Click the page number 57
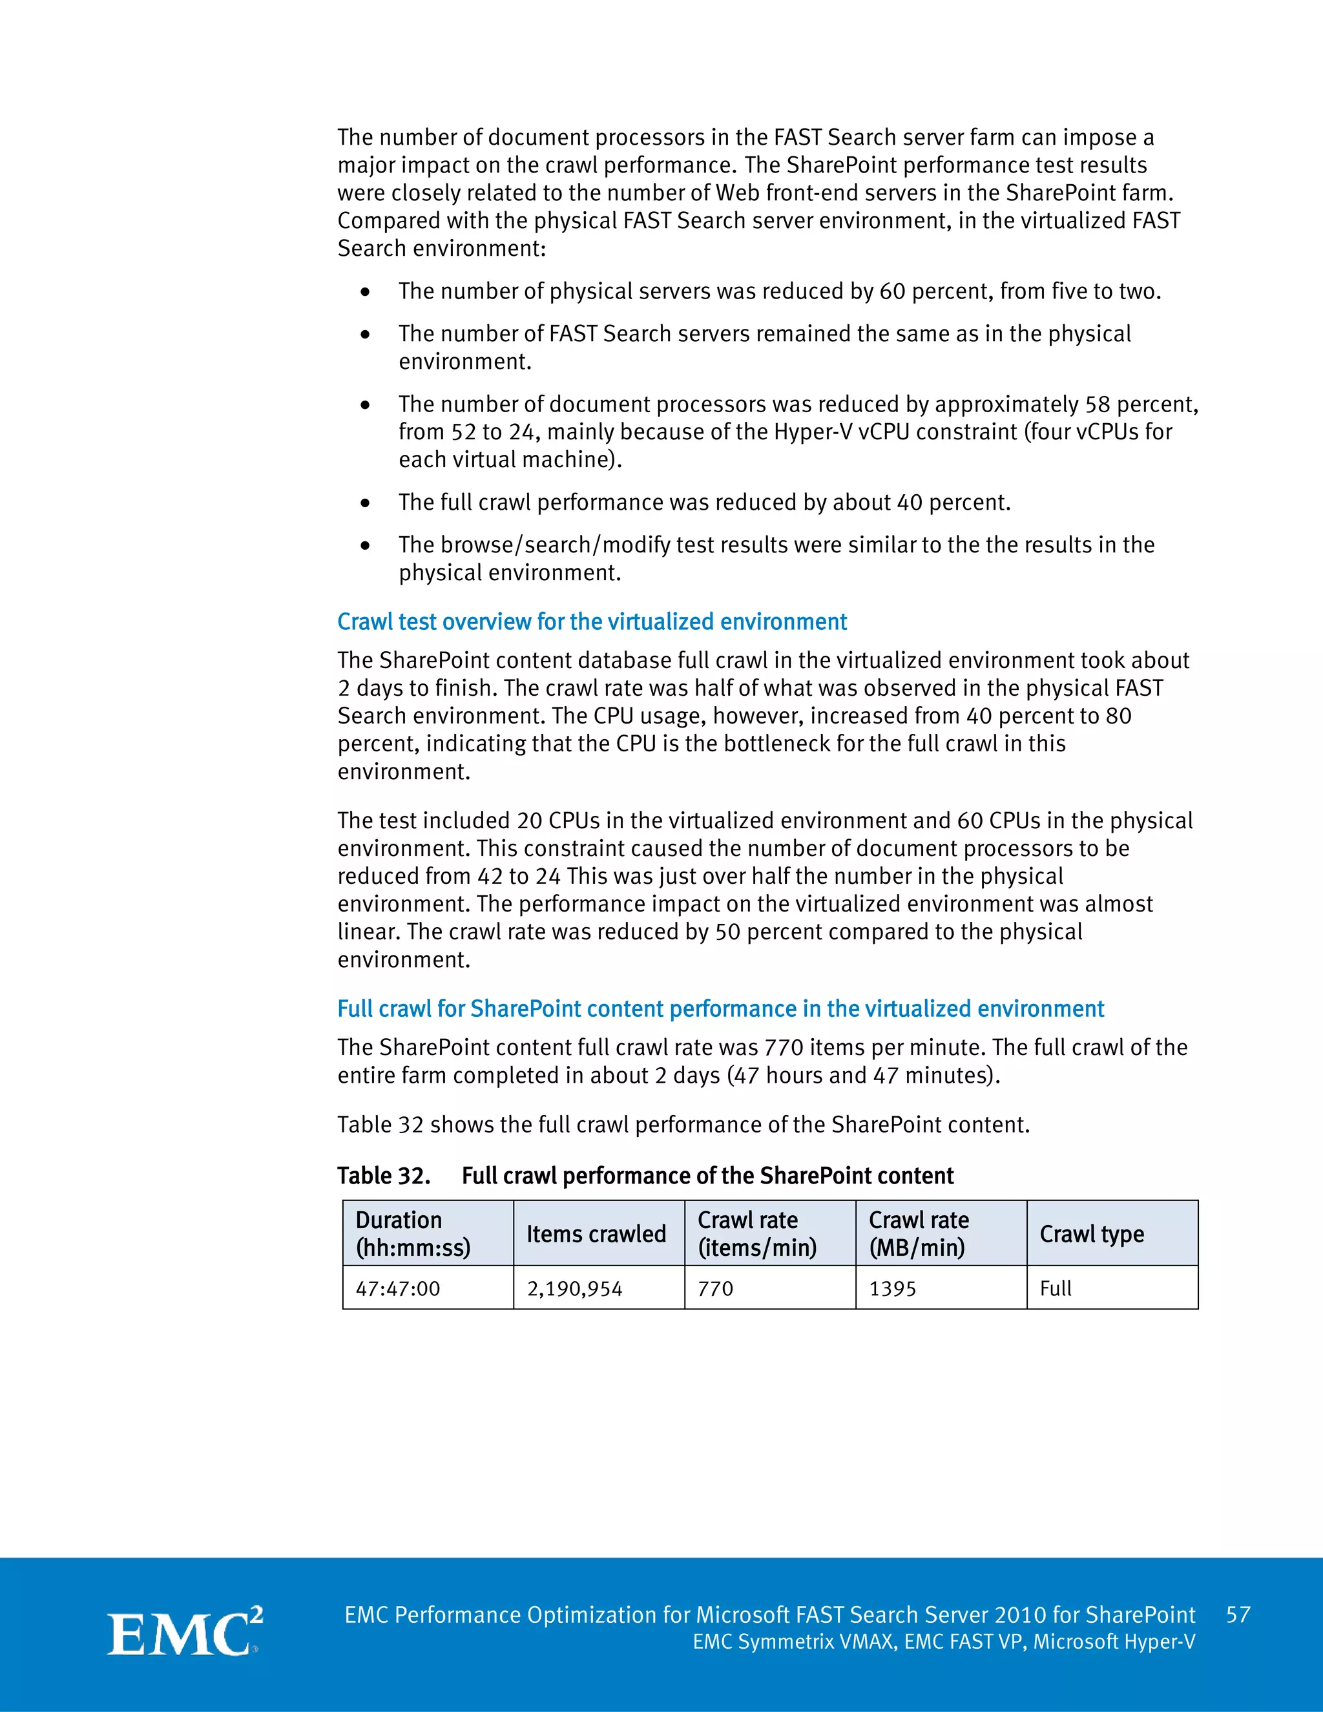(x=1238, y=1615)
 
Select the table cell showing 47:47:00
(x=398, y=1289)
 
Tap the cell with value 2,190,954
(x=574, y=1289)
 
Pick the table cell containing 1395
(x=893, y=1289)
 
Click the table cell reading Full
(x=1056, y=1289)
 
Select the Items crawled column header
(x=596, y=1234)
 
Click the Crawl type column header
(x=1092, y=1234)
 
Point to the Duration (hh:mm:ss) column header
(x=413, y=1234)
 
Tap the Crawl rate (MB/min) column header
(x=919, y=1234)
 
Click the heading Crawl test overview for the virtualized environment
(x=592, y=621)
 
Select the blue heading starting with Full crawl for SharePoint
(x=720, y=1009)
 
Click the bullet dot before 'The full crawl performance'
(x=365, y=503)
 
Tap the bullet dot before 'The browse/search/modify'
(x=365, y=546)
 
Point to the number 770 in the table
(x=716, y=1289)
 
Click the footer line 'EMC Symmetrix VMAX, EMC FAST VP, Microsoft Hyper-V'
(x=944, y=1642)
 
